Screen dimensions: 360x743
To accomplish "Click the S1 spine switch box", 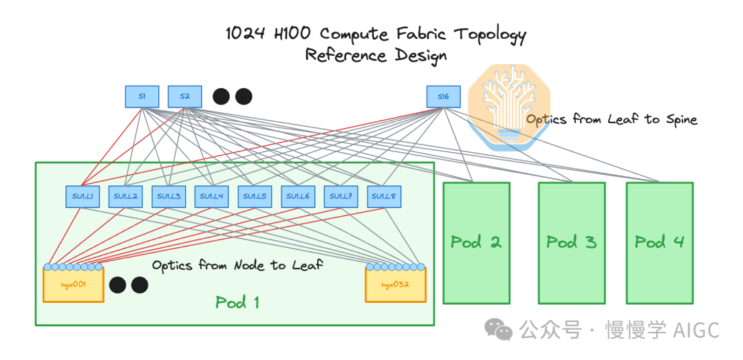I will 142,96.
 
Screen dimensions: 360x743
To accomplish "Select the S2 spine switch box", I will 184,96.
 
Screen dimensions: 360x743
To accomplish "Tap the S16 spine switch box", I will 443,96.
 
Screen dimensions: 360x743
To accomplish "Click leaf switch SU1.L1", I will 83,197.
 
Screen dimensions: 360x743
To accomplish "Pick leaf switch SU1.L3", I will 169,197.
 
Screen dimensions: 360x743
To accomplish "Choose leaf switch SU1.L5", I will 255,197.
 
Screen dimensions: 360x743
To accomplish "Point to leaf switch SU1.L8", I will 384,197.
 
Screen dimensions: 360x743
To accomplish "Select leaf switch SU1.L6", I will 298,197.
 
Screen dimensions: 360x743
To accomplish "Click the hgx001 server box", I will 73,285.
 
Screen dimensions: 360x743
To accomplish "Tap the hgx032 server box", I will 396,285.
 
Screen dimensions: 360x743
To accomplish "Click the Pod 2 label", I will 475,242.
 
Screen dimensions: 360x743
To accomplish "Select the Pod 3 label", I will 571,242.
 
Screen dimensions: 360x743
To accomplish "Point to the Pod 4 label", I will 659,242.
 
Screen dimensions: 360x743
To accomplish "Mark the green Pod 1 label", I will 237,301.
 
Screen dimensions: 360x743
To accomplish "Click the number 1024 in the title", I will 245,34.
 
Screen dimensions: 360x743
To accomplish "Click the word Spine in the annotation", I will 680,119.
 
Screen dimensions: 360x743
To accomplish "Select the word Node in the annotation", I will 252,265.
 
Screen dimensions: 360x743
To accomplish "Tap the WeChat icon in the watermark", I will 498,329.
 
